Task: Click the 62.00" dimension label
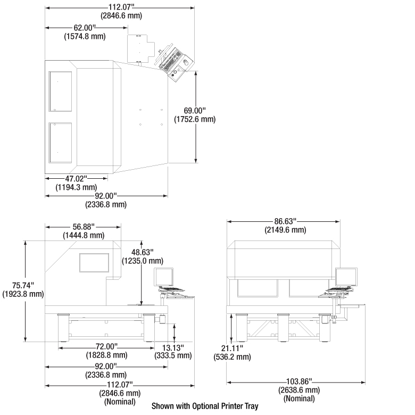85,28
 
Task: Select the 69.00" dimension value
195,110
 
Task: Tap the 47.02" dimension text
76,179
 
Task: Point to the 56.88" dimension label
84,227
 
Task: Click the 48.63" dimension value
143,252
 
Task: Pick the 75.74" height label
23,285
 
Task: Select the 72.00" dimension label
106,346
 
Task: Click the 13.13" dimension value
173,347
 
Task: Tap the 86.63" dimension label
285,221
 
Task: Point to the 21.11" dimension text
232,348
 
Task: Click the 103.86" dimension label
299,381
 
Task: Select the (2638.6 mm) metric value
299,390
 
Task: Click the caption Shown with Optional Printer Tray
205,406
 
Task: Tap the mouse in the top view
186,62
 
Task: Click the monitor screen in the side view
164,277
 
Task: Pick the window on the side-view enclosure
94,262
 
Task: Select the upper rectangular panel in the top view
60,92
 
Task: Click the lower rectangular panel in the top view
60,143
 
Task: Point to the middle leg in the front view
284,328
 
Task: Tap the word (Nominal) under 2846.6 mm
120,402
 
